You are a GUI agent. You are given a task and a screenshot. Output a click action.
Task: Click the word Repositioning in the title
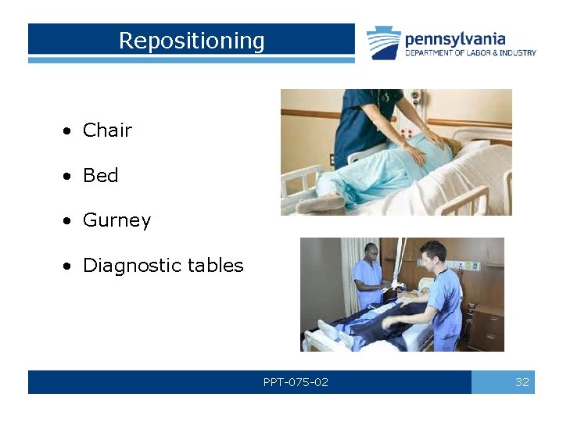point(192,41)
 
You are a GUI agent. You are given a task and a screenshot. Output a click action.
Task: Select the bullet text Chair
point(107,131)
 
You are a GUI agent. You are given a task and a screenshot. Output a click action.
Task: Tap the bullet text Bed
point(100,176)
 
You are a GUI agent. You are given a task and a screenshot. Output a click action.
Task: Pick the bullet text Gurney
point(117,220)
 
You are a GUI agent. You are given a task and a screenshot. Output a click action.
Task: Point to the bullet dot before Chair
point(69,131)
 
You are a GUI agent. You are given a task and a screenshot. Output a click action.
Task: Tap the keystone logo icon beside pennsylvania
point(383,43)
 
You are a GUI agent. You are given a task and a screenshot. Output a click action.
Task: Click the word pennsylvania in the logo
point(455,38)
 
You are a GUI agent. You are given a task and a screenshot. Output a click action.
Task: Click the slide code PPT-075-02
point(296,382)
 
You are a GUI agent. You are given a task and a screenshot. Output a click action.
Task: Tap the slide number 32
point(522,382)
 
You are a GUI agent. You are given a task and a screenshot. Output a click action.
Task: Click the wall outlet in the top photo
point(417,98)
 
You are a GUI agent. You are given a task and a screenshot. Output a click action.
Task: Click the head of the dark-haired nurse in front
point(432,252)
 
